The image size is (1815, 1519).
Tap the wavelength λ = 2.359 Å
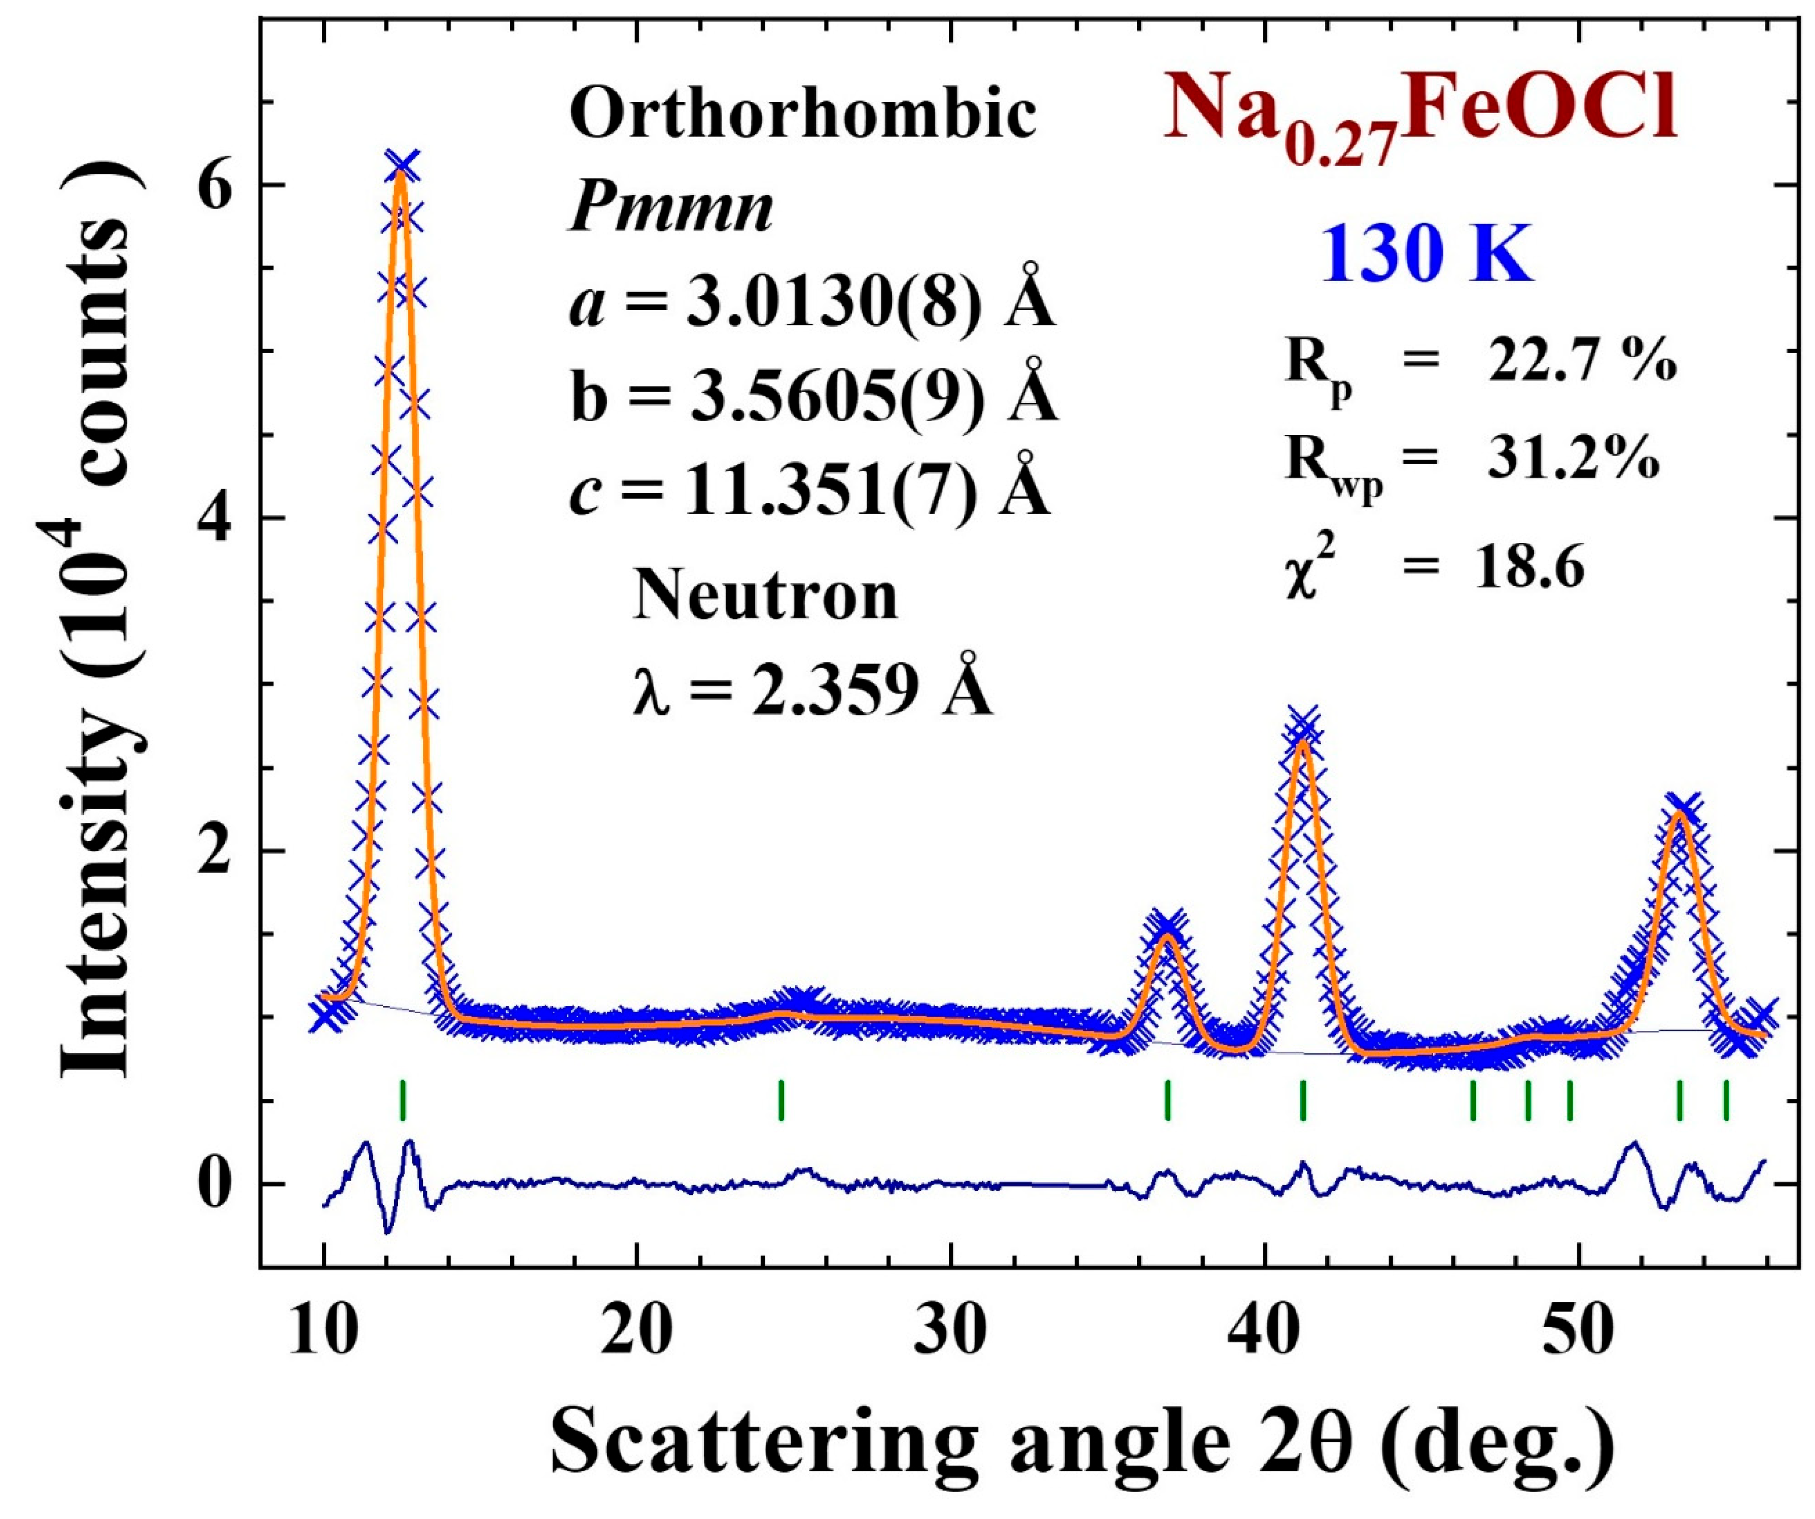(812, 692)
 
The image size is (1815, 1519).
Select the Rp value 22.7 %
(1582, 363)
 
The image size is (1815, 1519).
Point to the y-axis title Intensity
(95, 873)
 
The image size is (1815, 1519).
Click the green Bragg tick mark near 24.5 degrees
(781, 1100)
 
